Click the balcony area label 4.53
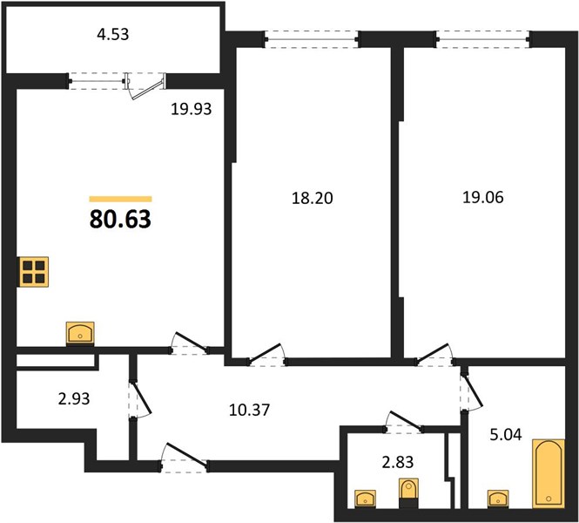(x=113, y=34)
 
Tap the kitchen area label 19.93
(x=192, y=109)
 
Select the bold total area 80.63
(x=120, y=219)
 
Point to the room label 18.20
(x=313, y=199)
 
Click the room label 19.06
(x=483, y=197)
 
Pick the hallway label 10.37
(x=249, y=410)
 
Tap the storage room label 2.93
(x=74, y=399)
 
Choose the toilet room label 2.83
(x=397, y=462)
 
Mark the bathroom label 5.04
(x=506, y=435)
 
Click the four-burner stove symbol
(x=34, y=272)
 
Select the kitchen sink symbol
(x=80, y=333)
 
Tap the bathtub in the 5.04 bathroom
(x=549, y=473)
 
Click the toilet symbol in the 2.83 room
(x=408, y=492)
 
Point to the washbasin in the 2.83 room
(x=365, y=498)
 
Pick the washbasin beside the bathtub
(x=498, y=498)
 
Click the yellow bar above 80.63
(x=120, y=200)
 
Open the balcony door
(x=145, y=86)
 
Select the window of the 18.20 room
(x=312, y=39)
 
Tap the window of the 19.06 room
(x=483, y=39)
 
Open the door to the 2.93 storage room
(x=139, y=399)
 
